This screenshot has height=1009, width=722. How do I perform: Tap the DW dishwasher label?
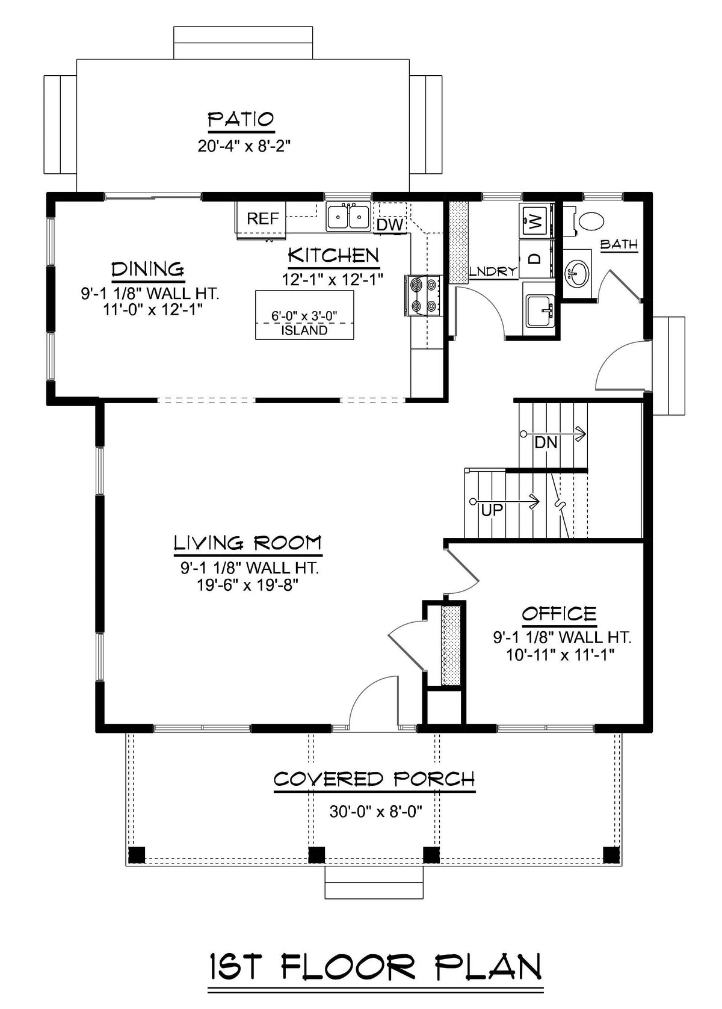click(390, 225)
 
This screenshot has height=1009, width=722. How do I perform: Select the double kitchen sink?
click(348, 216)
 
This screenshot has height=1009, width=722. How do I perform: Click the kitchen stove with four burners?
click(423, 295)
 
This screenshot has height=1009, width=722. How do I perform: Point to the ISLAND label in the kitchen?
click(304, 330)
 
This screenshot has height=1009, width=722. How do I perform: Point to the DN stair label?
click(546, 443)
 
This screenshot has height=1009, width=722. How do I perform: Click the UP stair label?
click(492, 511)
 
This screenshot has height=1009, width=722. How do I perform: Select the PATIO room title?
click(241, 119)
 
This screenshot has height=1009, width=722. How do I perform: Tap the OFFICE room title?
click(559, 614)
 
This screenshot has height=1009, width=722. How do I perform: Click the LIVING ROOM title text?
click(248, 543)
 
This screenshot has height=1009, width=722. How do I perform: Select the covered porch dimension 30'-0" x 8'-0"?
click(376, 811)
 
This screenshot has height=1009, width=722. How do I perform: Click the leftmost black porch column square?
click(137, 854)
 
